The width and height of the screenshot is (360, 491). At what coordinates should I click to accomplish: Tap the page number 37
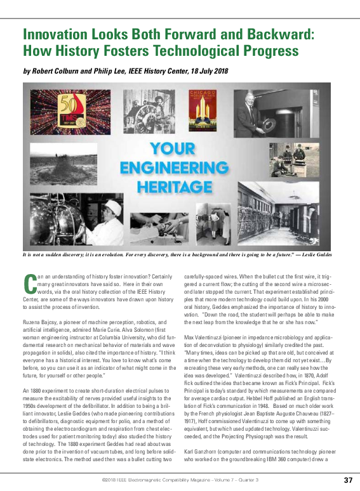pos(348,480)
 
